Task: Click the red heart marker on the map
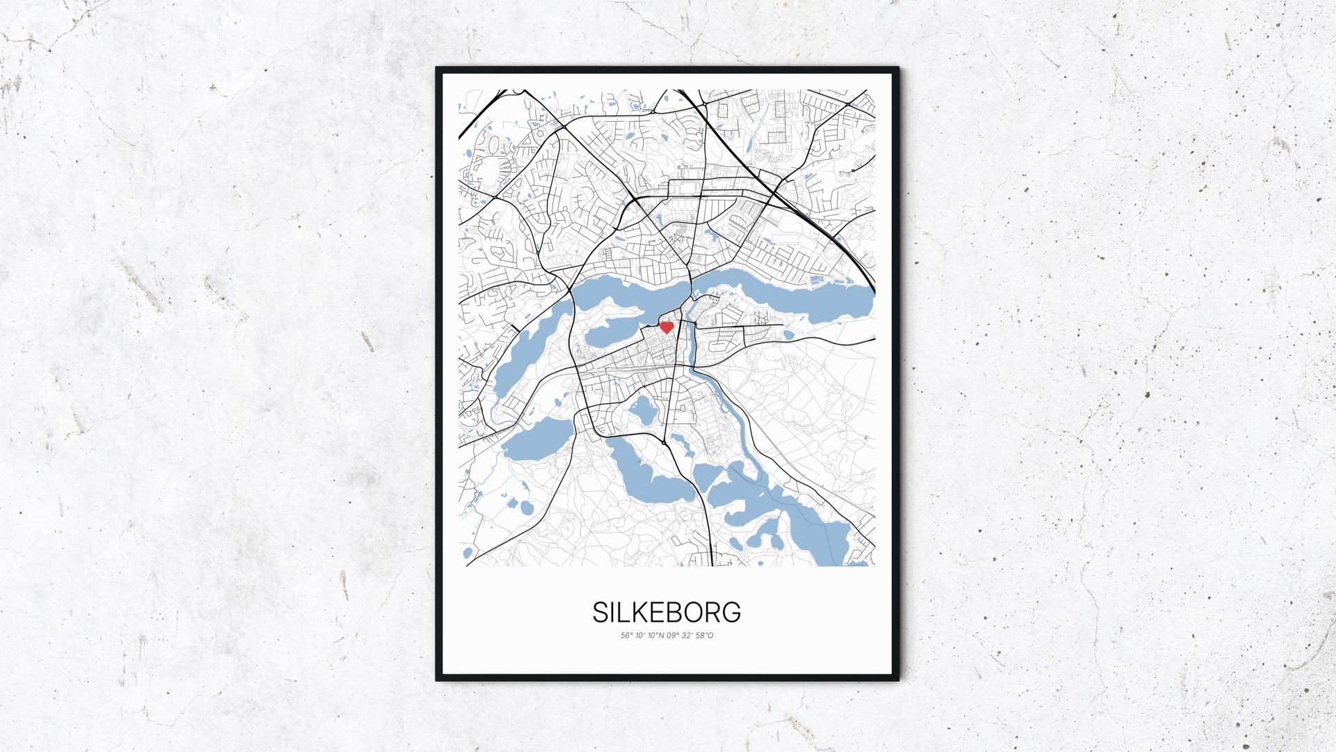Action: point(666,327)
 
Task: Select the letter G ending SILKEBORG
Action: point(731,613)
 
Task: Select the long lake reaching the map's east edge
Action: point(786,292)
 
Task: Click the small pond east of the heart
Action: point(788,335)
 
